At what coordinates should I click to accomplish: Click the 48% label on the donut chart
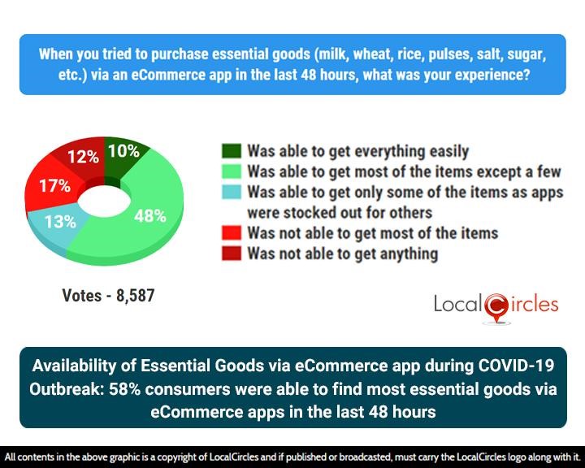(x=149, y=216)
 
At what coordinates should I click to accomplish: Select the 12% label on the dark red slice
(x=83, y=158)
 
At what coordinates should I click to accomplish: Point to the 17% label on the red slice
(x=54, y=185)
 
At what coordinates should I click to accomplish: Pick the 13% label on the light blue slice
(x=59, y=221)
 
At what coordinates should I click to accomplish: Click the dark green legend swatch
(x=231, y=151)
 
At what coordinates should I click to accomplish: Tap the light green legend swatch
(x=231, y=171)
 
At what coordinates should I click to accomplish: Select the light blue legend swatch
(x=231, y=193)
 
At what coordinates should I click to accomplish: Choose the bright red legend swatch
(x=231, y=233)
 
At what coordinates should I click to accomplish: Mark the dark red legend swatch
(x=231, y=254)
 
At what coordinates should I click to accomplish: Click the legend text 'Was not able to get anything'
(x=342, y=254)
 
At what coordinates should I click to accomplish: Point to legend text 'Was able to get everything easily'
(x=357, y=151)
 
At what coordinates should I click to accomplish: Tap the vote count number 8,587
(x=135, y=296)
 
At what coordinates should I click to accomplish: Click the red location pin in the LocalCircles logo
(x=496, y=307)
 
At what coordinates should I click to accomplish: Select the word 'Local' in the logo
(x=458, y=305)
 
